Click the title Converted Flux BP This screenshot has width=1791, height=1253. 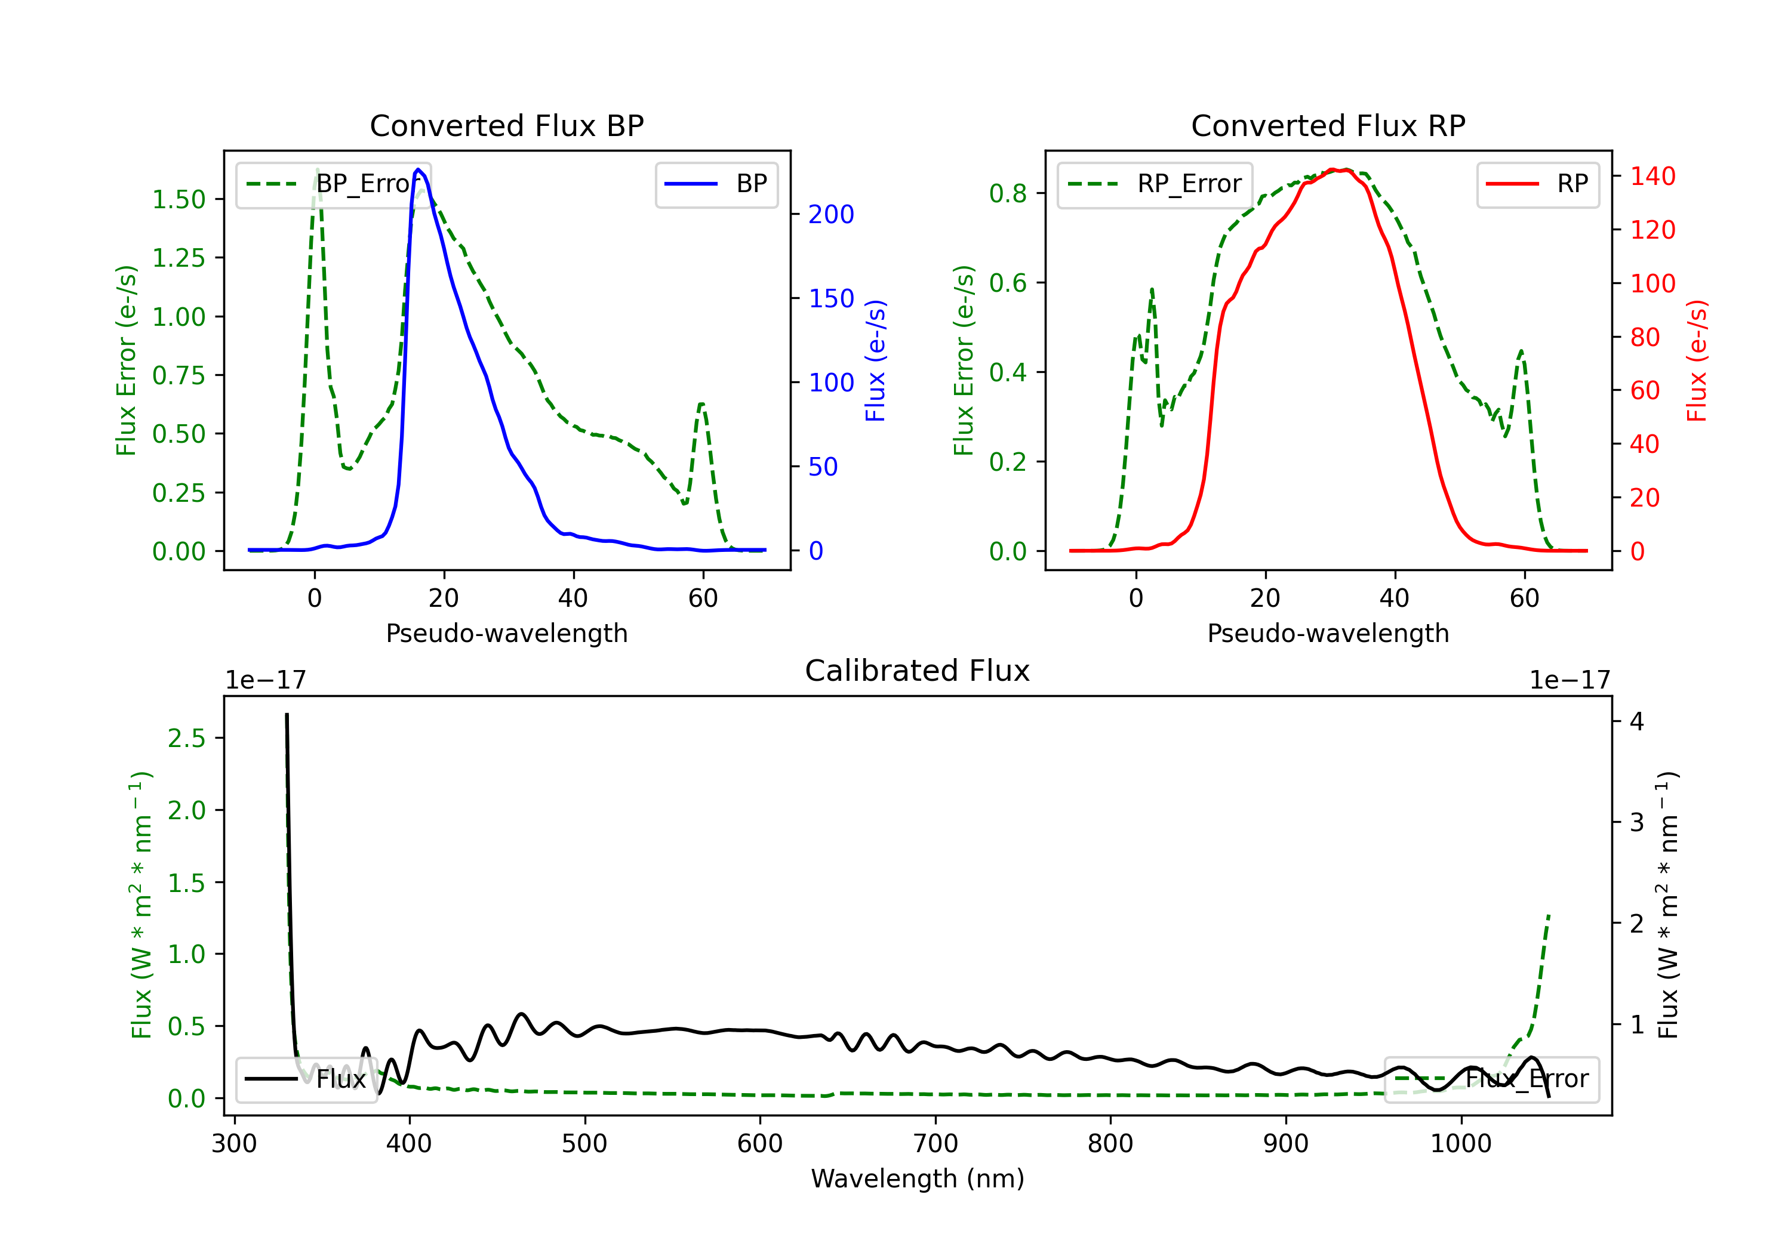tap(507, 125)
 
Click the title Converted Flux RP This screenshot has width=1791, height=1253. tap(1328, 125)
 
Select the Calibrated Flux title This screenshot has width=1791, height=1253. tap(918, 671)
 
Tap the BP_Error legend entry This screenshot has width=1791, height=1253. tap(333, 184)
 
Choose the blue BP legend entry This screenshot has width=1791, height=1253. tap(717, 184)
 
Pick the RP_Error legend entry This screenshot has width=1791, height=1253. tap(1155, 184)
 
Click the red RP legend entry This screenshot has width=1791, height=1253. tap(1537, 184)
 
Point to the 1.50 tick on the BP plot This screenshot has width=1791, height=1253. tap(179, 200)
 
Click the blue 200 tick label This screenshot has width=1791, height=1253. tap(832, 214)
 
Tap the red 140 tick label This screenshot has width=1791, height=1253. tap(1653, 176)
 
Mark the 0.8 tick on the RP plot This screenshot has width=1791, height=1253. tap(1008, 193)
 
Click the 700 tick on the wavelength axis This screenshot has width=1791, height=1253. tap(935, 1144)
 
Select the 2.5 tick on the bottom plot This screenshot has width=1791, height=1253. tap(186, 739)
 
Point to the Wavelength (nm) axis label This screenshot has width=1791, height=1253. tap(918, 1179)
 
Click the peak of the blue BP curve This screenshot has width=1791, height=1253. tap(418, 169)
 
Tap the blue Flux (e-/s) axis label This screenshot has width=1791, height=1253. tap(876, 361)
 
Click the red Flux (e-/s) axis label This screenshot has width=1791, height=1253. tap(1697, 361)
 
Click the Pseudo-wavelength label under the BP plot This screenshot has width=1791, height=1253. tap(507, 633)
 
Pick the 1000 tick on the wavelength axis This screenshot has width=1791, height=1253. tap(1461, 1144)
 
